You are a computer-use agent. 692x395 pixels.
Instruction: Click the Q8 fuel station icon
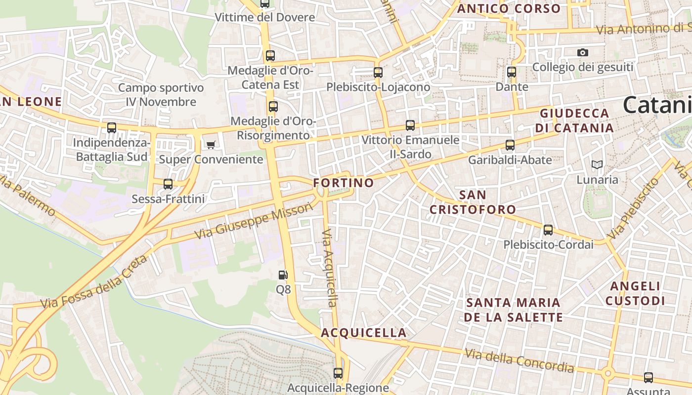[x=283, y=275]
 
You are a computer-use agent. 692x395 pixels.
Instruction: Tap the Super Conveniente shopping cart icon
[x=211, y=145]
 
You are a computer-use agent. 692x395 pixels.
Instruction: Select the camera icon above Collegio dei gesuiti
[x=583, y=52]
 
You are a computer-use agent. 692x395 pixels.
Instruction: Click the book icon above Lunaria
[x=597, y=164]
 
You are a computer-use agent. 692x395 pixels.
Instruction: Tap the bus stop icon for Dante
[x=512, y=72]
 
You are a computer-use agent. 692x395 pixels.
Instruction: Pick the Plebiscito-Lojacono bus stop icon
[x=378, y=73]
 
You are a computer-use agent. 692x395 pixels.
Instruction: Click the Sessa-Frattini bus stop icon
[x=168, y=184]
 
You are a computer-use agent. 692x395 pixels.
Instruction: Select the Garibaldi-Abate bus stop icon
[x=510, y=145]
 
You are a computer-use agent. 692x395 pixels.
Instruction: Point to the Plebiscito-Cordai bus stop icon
[x=548, y=230]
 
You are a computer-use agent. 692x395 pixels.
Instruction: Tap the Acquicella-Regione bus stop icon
[x=338, y=373]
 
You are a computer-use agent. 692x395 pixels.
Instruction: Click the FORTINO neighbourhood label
[x=344, y=183]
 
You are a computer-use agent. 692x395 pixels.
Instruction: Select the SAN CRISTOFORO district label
[x=473, y=202]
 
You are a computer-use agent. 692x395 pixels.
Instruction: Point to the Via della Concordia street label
[x=519, y=360]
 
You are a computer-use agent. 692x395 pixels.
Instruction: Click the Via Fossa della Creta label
[x=94, y=282]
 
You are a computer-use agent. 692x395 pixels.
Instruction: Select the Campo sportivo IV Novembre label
[x=161, y=95]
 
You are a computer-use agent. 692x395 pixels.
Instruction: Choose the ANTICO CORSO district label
[x=509, y=8]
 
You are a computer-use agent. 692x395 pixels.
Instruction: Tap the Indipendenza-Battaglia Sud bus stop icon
[x=112, y=128]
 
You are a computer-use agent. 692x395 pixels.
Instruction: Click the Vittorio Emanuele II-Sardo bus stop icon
[x=410, y=125]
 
